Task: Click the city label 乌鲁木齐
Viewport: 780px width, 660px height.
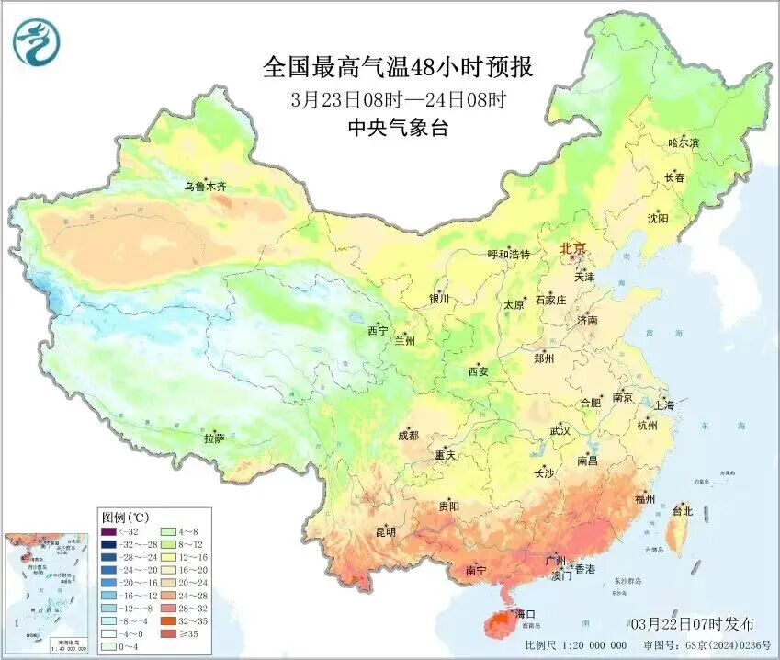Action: click(204, 187)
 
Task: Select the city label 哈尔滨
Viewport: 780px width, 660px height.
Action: click(683, 143)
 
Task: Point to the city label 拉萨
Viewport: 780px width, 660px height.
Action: click(213, 438)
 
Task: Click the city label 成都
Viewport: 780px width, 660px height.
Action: click(408, 436)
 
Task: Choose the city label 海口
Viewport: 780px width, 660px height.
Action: click(525, 613)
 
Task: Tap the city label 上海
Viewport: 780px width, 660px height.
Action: click(663, 404)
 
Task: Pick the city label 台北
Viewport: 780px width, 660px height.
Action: click(683, 510)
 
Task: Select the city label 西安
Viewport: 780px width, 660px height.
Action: click(478, 371)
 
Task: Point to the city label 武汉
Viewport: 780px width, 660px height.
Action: click(560, 430)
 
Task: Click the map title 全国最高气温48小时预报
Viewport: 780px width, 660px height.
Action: click(397, 67)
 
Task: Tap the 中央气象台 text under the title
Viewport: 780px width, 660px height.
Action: click(397, 129)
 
